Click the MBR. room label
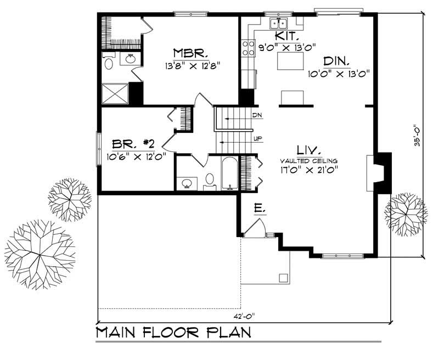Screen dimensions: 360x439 point(190,53)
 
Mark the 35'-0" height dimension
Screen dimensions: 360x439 point(419,134)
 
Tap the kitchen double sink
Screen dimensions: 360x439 point(278,24)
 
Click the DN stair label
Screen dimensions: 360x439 point(257,116)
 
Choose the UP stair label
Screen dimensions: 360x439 point(257,138)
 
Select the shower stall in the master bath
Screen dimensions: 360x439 point(115,93)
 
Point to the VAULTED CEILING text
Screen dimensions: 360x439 point(307,160)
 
